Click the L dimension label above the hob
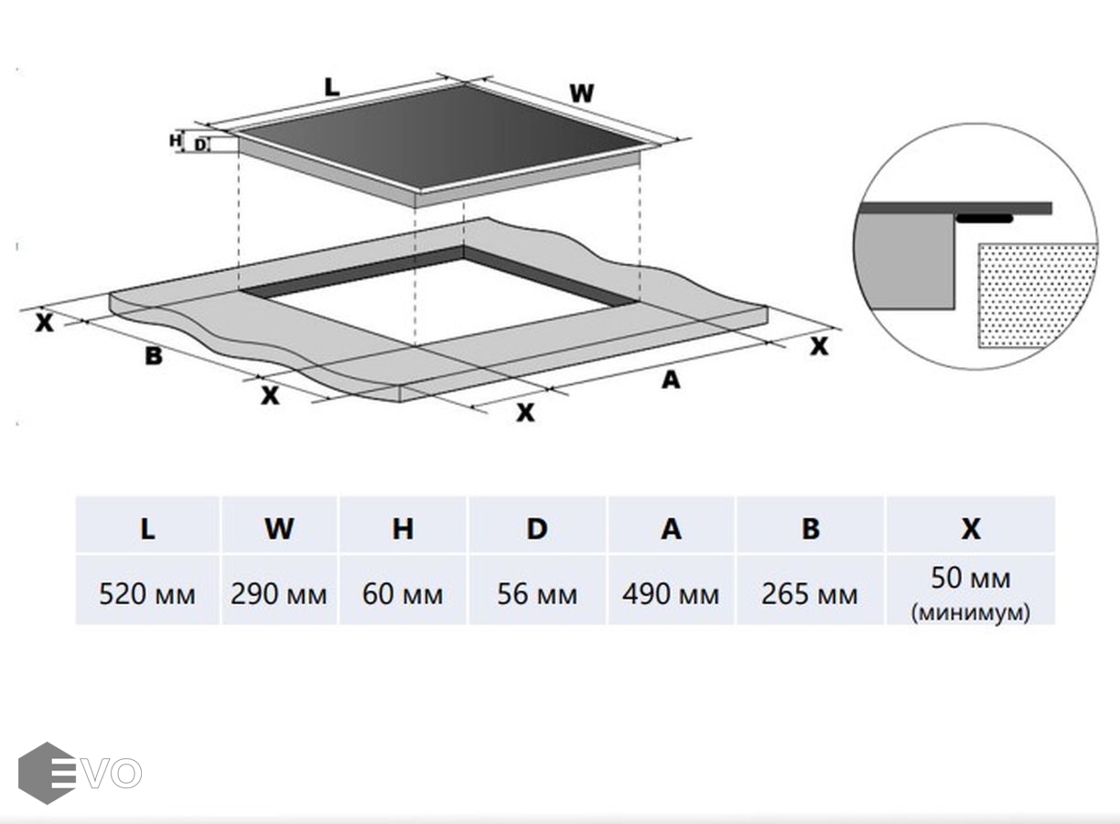331,88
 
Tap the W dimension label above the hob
582,93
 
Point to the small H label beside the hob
175,140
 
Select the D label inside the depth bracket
200,144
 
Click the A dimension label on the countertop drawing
671,379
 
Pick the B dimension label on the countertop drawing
154,356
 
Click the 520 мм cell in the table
147,594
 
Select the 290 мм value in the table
279,594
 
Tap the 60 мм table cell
403,594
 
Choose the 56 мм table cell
537,594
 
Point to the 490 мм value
671,594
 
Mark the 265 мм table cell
810,594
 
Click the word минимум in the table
970,613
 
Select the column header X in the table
970,528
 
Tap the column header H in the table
403,528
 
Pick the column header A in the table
671,528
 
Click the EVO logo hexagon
46,773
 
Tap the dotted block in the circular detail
1037,293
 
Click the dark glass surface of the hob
439,137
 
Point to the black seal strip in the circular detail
984,219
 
